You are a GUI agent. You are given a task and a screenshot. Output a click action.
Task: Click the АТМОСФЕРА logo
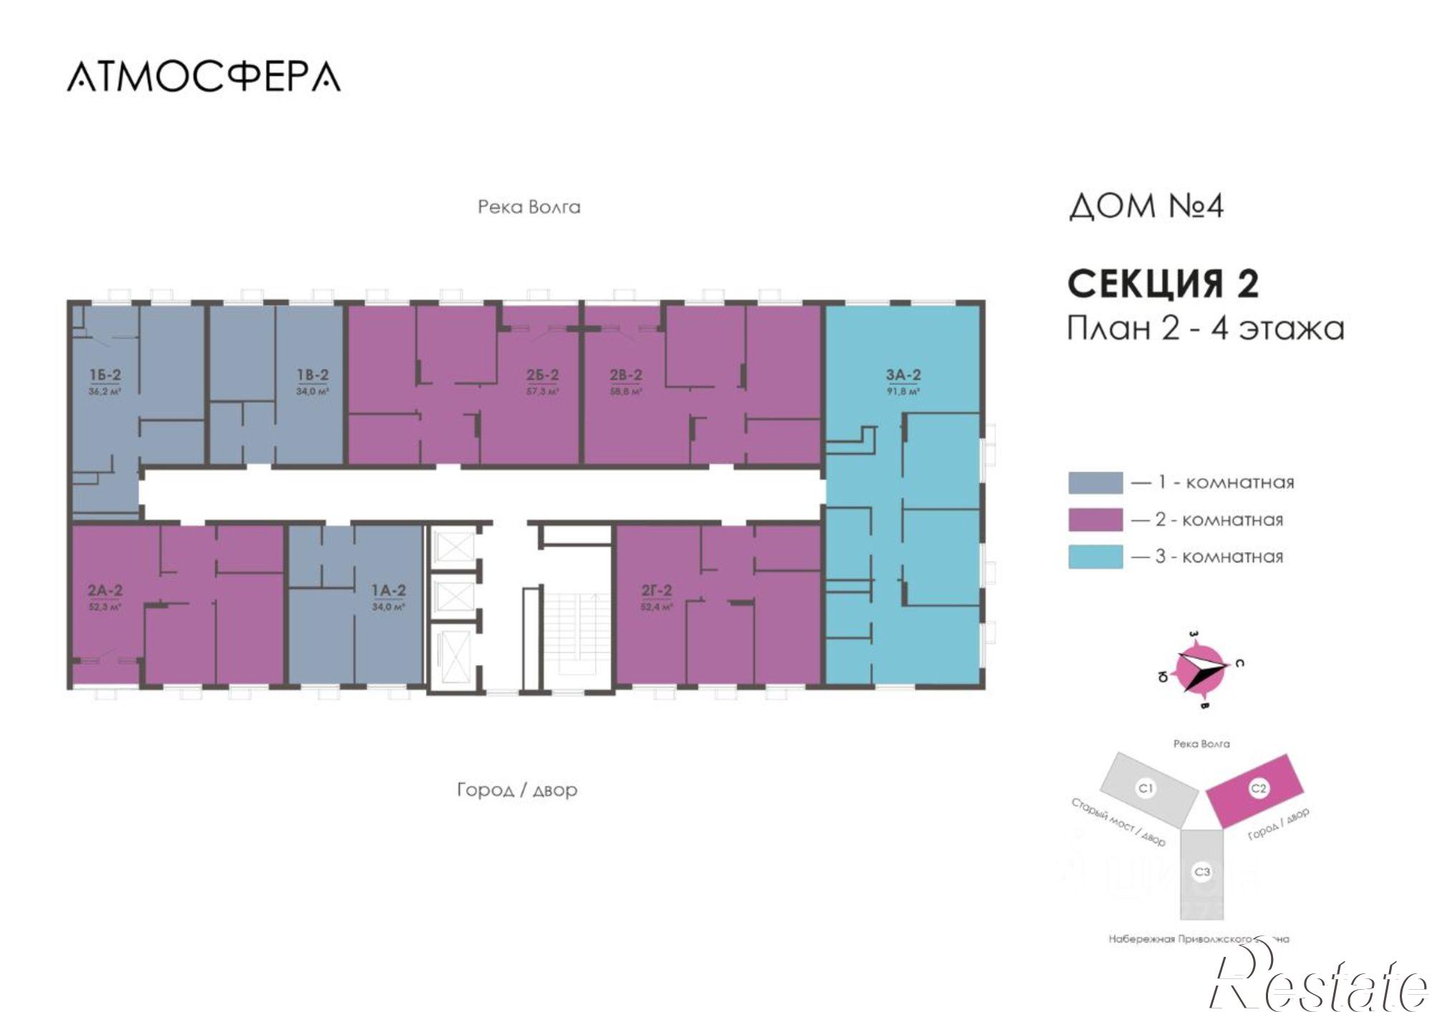(x=204, y=77)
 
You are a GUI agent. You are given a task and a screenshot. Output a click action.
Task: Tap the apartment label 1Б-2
(x=105, y=375)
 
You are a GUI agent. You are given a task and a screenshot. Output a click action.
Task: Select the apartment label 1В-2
(x=313, y=375)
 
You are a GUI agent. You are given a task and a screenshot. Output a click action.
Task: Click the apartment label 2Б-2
(x=542, y=375)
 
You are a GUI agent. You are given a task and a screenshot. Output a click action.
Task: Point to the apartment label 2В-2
(x=626, y=375)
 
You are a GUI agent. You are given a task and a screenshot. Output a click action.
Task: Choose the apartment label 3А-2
(x=903, y=375)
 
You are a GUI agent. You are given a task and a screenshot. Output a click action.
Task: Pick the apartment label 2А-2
(x=105, y=590)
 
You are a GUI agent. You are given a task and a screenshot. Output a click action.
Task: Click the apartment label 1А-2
(x=388, y=590)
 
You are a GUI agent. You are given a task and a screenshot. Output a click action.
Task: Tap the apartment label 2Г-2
(x=656, y=590)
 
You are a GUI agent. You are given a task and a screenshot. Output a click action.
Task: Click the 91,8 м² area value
(x=903, y=391)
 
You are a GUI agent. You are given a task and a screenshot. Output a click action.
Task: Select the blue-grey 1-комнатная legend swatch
(x=1095, y=482)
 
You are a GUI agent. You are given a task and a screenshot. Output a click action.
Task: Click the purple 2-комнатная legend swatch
(x=1095, y=520)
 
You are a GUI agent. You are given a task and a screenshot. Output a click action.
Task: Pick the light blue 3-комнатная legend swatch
(x=1095, y=557)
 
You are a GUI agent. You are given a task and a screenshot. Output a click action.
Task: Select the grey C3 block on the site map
(x=1201, y=873)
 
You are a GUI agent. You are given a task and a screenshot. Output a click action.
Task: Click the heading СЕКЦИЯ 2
(x=1163, y=284)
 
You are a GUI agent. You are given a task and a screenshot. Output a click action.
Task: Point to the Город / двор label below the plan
(x=517, y=790)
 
